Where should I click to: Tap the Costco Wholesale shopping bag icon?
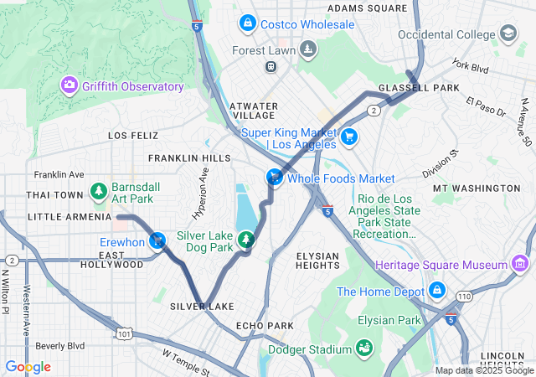247,24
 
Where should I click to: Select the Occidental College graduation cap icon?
508,34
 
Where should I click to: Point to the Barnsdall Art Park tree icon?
99,192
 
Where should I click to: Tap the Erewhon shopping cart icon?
157,241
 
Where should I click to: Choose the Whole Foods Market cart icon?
274,178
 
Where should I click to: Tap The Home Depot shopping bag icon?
435,291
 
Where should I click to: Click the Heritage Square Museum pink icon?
520,265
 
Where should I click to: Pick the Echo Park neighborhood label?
265,325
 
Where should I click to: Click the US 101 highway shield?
125,334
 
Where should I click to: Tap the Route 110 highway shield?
464,296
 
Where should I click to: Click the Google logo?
28,367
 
